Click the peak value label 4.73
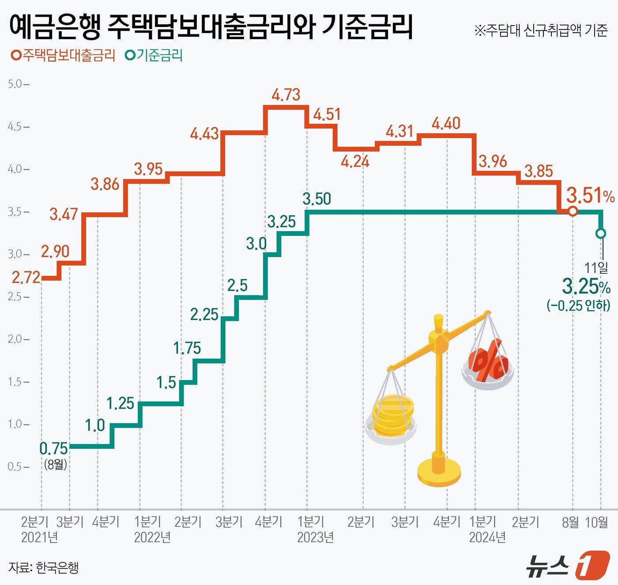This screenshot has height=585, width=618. click(286, 95)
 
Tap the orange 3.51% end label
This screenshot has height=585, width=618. click(590, 195)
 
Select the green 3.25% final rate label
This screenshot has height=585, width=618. click(586, 287)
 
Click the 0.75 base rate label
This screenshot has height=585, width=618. click(53, 448)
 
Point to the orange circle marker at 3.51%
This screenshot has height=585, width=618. click(573, 211)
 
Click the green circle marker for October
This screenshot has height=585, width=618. click(601, 233)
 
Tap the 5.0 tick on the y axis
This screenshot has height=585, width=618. click(15, 84)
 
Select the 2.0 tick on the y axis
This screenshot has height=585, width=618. click(15, 339)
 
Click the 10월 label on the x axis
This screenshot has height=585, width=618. click(596, 522)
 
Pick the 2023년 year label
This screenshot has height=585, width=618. click(315, 537)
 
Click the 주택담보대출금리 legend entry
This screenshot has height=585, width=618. click(63, 56)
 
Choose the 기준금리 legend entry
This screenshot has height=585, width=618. click(154, 56)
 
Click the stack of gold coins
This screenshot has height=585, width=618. click(392, 414)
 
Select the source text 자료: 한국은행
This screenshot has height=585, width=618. click(43, 567)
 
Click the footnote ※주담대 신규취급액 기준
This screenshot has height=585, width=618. click(541, 30)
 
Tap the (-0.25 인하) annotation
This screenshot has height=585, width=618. click(578, 306)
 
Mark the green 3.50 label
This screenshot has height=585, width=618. click(317, 199)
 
